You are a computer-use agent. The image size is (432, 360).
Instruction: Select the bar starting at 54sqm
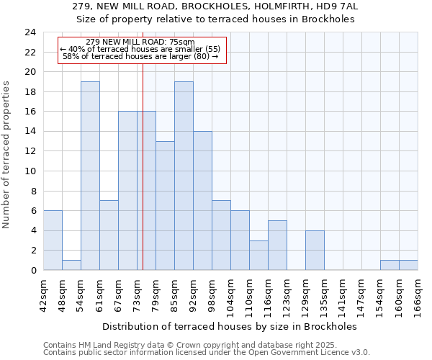tap(90, 176)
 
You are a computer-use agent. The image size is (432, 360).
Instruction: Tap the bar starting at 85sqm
tap(184, 176)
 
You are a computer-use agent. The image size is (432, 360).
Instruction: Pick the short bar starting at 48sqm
tap(71, 265)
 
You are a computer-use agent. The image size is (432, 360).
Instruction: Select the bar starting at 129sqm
tap(315, 250)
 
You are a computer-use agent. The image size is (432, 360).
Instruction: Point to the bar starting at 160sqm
tap(408, 265)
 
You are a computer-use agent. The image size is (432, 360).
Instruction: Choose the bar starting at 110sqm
tap(258, 255)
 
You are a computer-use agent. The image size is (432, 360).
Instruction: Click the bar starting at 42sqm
tap(53, 240)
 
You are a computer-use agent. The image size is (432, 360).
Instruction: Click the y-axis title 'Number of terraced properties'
tap(7, 155)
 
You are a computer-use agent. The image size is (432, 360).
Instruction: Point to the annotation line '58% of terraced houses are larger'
tap(140, 56)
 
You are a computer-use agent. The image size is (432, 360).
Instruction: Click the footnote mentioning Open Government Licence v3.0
tap(207, 353)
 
